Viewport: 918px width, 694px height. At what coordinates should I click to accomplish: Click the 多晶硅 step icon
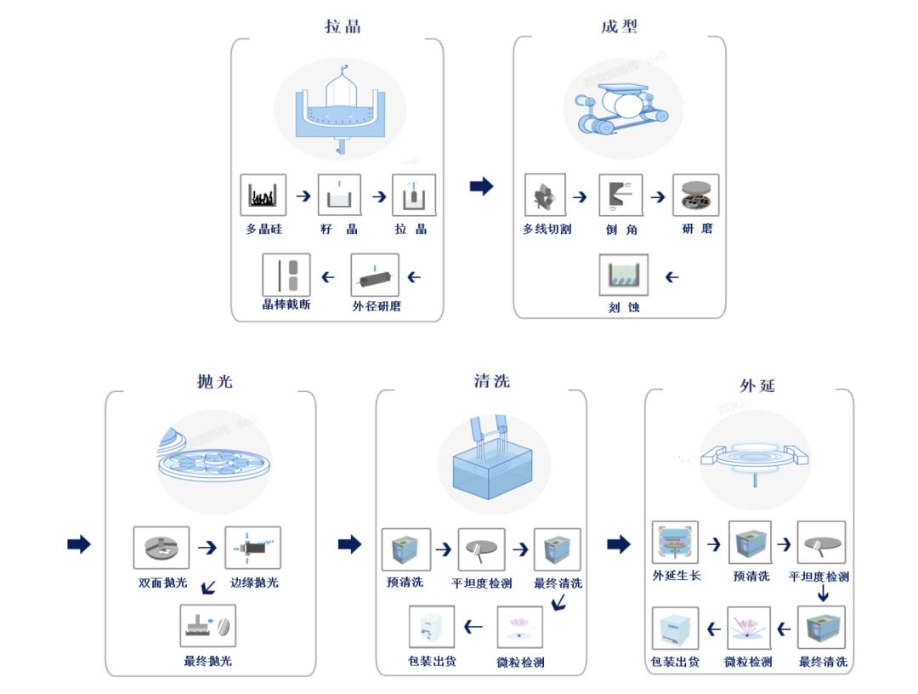(263, 195)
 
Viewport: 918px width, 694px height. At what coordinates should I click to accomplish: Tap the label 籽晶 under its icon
(339, 229)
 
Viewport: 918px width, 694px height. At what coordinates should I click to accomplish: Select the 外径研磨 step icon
(375, 276)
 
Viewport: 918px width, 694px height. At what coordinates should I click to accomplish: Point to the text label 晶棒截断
(286, 304)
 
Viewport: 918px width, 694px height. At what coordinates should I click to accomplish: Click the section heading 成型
(619, 26)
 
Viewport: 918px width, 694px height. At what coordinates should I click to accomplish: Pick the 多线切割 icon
(546, 195)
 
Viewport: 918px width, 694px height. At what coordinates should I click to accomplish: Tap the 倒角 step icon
(620, 195)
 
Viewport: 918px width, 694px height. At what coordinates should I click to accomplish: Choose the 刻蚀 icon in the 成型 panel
(624, 276)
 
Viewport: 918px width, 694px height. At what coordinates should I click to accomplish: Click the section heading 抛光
(214, 381)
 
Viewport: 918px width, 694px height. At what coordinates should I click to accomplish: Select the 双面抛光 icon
(161, 548)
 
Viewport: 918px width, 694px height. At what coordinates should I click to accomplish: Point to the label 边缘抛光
(254, 583)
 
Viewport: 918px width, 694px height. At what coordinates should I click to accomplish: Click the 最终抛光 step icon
(208, 627)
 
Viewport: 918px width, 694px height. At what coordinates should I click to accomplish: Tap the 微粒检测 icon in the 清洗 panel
(520, 628)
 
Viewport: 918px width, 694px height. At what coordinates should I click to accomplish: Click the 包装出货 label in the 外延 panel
(675, 662)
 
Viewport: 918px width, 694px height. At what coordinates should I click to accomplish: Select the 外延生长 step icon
(675, 543)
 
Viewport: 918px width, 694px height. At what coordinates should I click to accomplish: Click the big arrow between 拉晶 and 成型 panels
(481, 186)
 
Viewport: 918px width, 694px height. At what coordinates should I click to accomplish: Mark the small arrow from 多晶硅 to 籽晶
(303, 196)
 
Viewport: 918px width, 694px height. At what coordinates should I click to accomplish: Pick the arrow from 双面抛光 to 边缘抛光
(207, 548)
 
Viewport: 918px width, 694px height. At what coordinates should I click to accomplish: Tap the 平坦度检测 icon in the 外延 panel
(821, 543)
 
